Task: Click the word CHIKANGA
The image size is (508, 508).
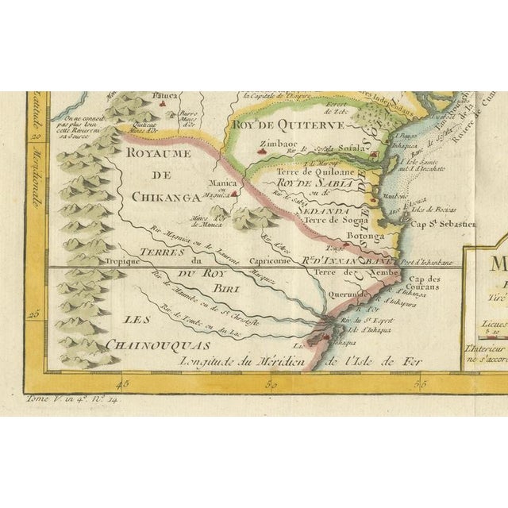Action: point(164,198)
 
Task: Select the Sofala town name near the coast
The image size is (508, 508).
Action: point(352,147)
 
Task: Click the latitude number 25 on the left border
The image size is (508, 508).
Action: point(34,313)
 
